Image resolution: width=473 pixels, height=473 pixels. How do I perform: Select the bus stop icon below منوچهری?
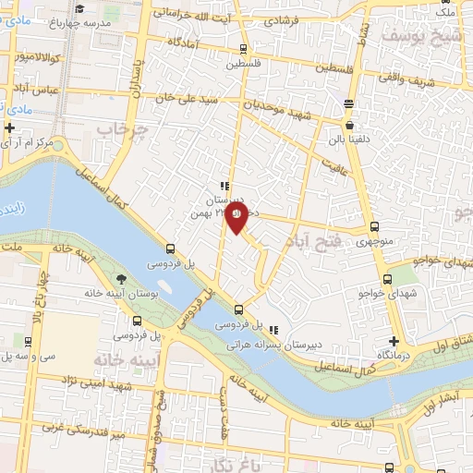(374, 226)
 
